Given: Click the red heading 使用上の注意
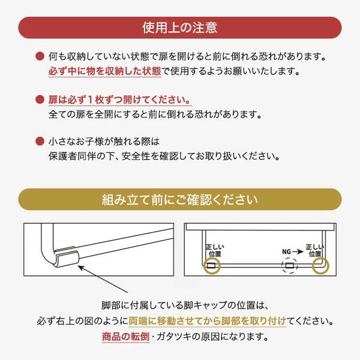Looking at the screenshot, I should point(180,27).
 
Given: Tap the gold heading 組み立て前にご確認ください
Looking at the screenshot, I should point(180,199).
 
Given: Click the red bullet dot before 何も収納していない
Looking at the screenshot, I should point(40,58).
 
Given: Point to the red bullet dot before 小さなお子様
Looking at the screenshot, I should point(40,142).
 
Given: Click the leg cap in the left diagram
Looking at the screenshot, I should point(67,259).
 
